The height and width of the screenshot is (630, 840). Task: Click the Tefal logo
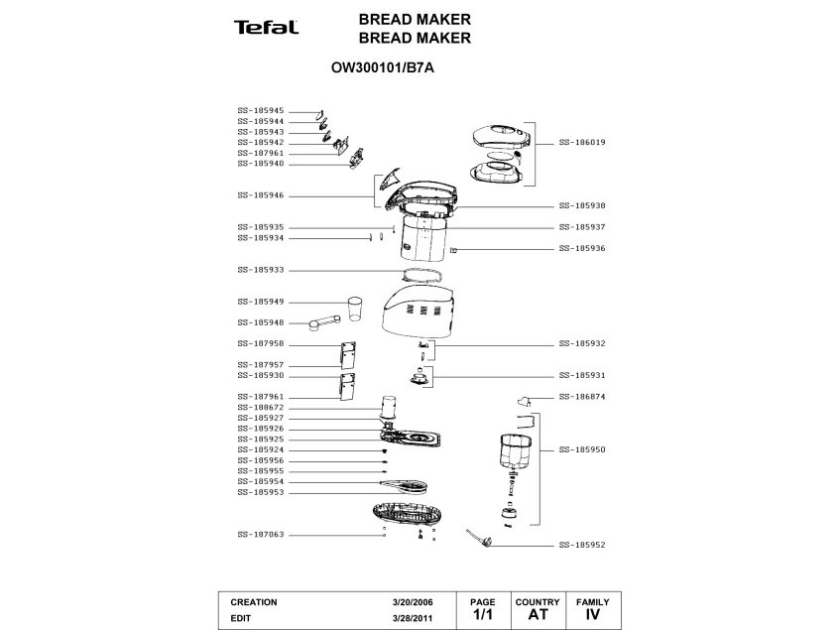(266, 28)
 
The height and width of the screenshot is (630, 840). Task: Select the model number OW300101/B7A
(383, 68)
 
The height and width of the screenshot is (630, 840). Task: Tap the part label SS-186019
(582, 143)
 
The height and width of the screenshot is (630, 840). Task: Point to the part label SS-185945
(261, 111)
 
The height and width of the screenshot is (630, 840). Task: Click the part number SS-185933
(261, 270)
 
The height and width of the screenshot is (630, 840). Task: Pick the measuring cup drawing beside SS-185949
(356, 309)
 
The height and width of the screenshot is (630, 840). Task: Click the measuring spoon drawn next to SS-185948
(324, 323)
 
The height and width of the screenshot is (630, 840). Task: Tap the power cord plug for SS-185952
(478, 539)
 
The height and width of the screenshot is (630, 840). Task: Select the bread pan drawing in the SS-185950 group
(515, 451)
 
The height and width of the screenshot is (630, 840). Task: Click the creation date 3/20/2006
(413, 602)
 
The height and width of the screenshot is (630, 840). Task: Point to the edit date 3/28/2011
(413, 618)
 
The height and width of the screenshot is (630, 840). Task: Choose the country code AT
(538, 615)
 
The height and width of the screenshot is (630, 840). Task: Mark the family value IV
(592, 615)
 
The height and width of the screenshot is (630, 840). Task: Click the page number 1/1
(483, 615)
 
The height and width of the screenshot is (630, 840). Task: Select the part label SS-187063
(261, 535)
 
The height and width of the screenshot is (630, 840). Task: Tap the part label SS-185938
(582, 205)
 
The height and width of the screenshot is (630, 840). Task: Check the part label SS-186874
(582, 397)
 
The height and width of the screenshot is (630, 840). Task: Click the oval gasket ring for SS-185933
(422, 275)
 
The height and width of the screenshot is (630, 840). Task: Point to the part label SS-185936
(582, 249)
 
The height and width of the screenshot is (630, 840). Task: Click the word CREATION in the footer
(254, 602)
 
